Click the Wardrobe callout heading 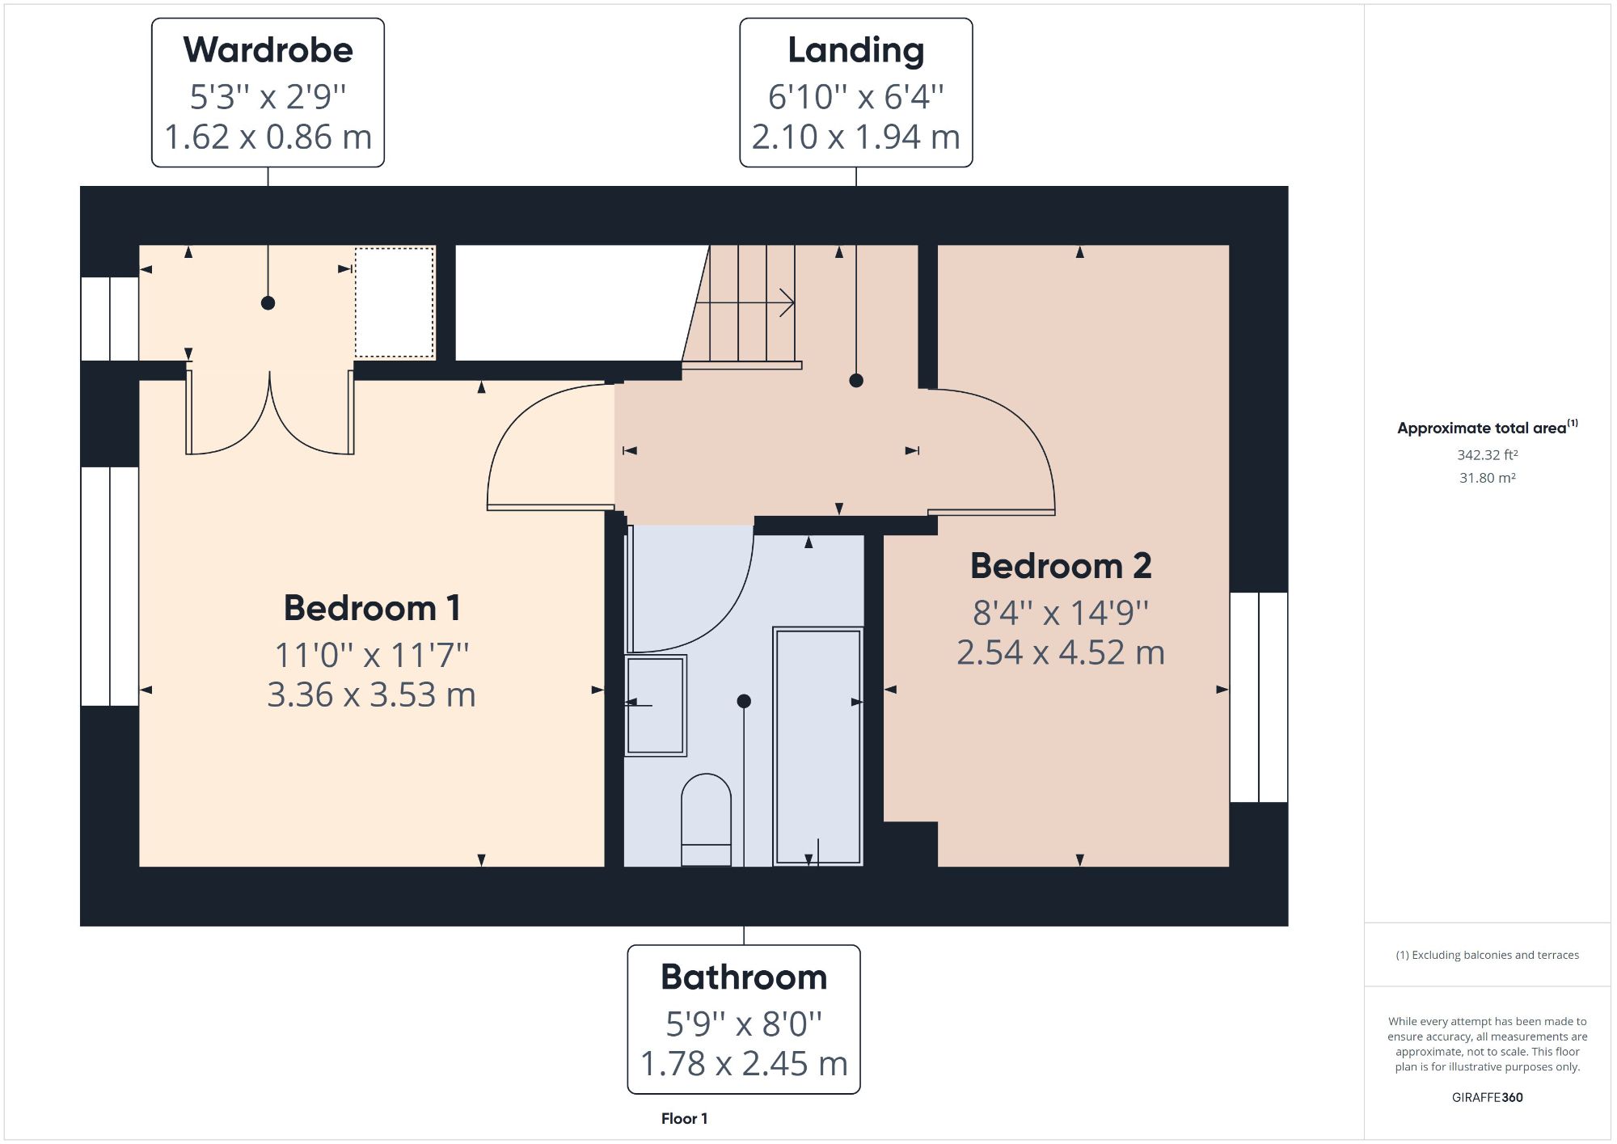268,50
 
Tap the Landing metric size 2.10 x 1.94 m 855,137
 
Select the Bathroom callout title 744,977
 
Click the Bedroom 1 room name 372,608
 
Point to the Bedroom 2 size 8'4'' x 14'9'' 1060,613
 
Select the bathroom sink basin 655,705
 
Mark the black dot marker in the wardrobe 268,303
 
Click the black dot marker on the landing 856,380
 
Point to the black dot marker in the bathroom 744,701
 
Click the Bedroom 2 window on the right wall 1258,697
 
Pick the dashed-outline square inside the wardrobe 395,302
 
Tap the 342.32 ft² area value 1487,455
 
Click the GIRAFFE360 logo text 1487,1097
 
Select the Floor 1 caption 684,1119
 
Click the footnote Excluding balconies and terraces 1487,955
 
